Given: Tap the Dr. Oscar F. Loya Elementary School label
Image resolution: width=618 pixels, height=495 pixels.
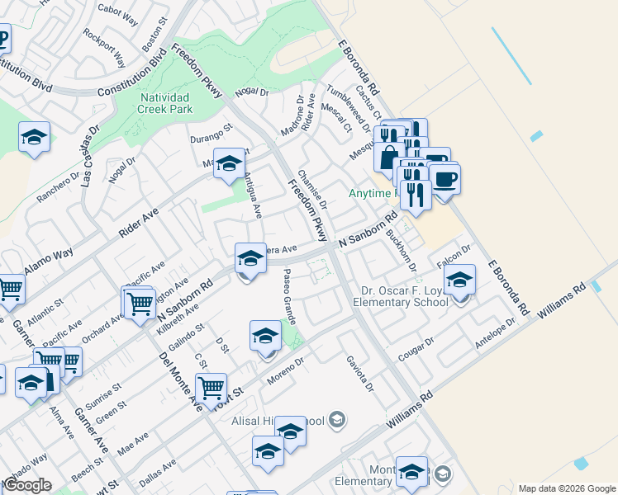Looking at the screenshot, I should (x=405, y=296).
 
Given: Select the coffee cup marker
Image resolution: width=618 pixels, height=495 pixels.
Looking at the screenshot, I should (x=444, y=179).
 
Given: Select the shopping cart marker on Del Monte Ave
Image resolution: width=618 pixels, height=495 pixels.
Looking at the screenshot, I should (x=211, y=386).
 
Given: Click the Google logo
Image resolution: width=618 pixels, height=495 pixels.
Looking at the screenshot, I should (x=26, y=486).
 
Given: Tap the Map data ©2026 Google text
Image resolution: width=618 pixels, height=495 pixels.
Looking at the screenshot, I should (x=566, y=488).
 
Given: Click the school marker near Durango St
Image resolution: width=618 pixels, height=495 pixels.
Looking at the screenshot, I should (x=229, y=163).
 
